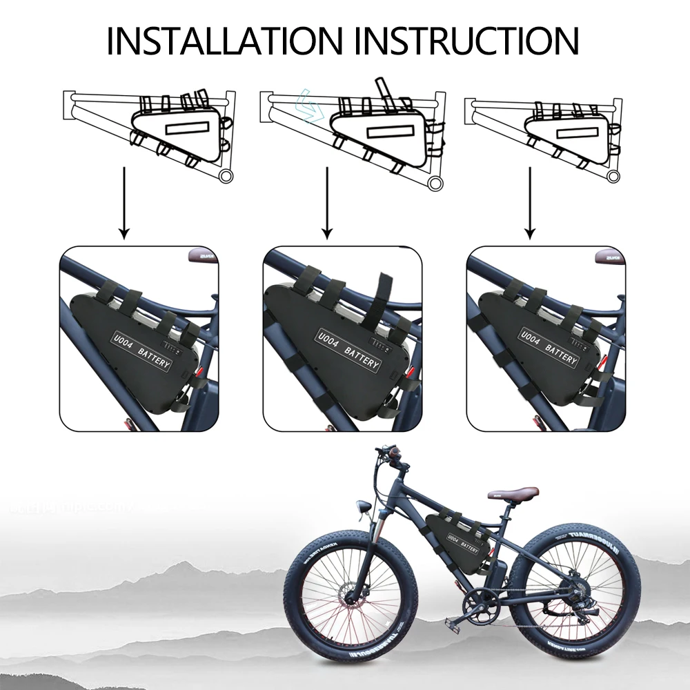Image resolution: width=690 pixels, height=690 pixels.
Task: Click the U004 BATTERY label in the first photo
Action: click(x=141, y=349)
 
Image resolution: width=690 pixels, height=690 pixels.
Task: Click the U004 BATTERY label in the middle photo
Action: click(x=348, y=350)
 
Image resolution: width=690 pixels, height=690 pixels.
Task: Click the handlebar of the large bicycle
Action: click(x=386, y=455)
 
